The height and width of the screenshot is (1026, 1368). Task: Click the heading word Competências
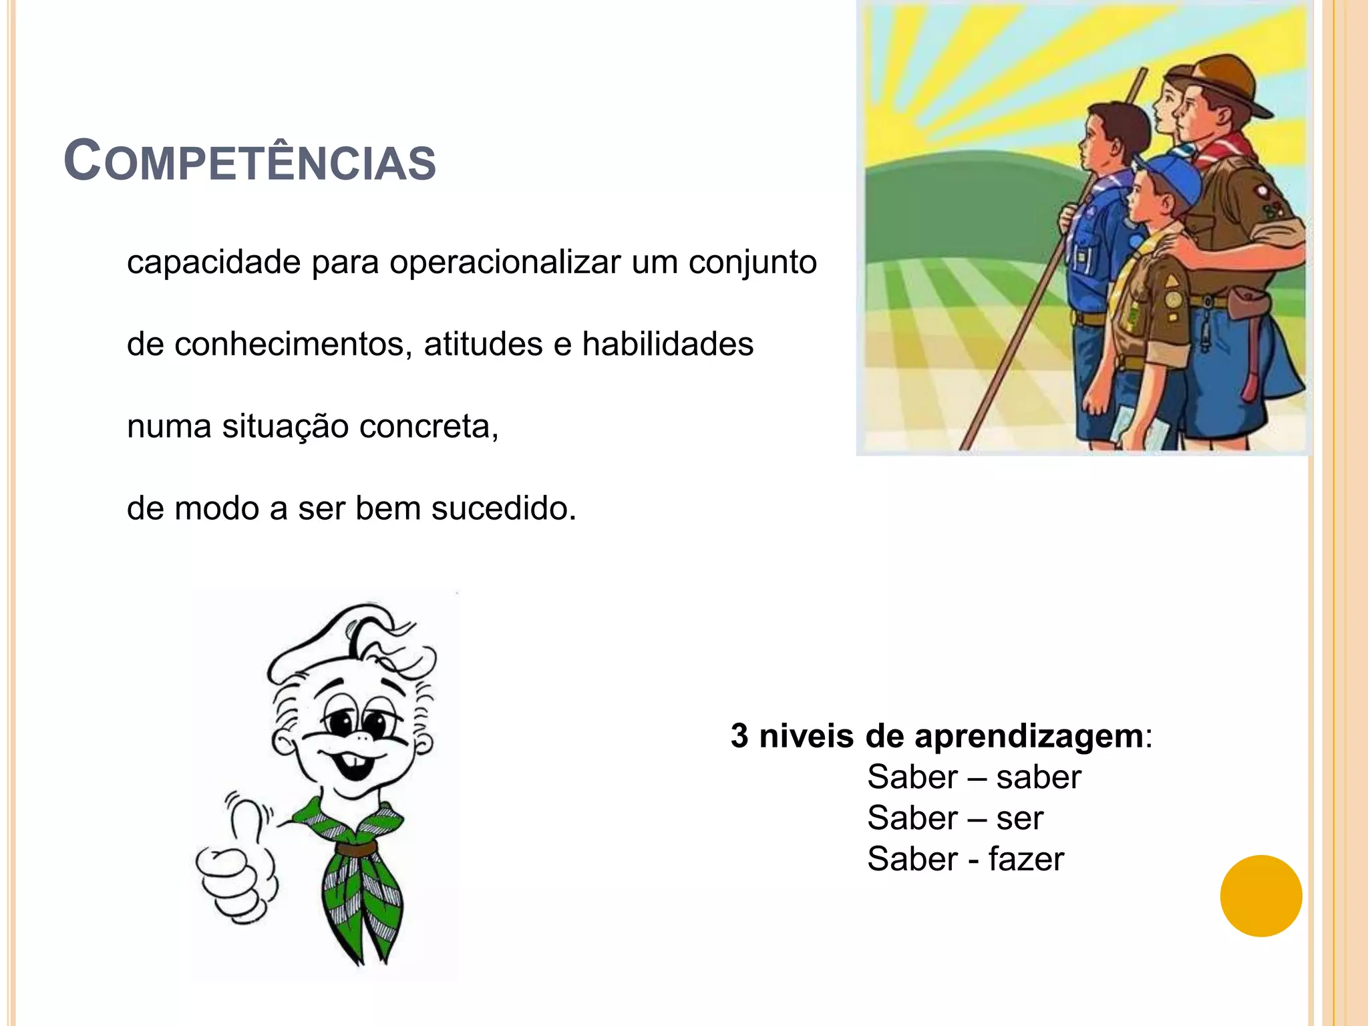(250, 161)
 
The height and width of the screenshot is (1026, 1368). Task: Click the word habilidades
(667, 345)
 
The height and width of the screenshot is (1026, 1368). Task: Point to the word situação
(285, 427)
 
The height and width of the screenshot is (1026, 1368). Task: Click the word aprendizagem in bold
(1029, 737)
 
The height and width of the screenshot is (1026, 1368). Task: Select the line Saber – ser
(955, 818)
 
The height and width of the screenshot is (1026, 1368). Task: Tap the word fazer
(1026, 860)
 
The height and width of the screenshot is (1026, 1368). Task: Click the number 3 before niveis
(739, 736)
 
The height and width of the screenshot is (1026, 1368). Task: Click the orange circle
(1260, 896)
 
